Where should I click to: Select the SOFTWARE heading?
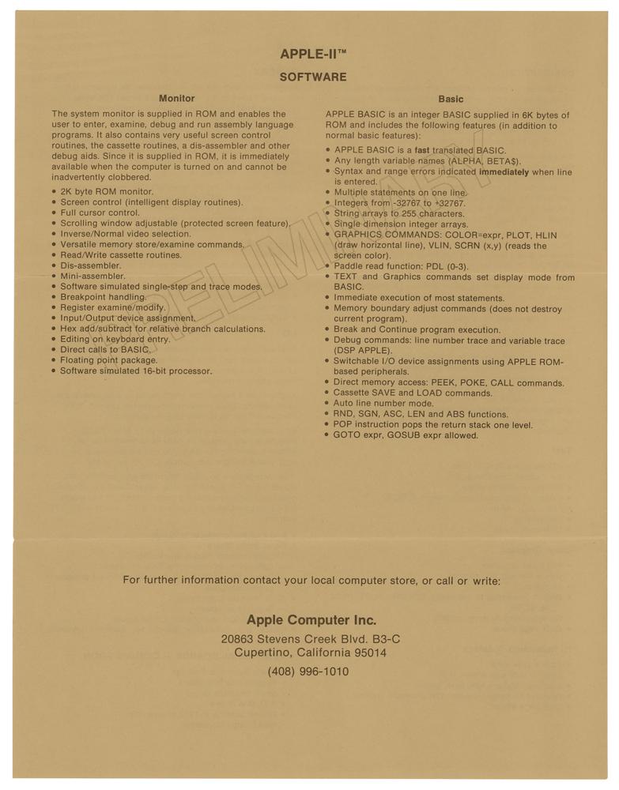[x=313, y=77]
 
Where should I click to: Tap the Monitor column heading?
[x=176, y=99]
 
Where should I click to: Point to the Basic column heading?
[x=451, y=100]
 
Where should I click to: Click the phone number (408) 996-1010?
[x=308, y=671]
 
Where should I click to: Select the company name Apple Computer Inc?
[x=311, y=620]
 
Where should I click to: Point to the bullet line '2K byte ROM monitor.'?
[x=107, y=191]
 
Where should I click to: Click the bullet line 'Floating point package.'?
[x=109, y=360]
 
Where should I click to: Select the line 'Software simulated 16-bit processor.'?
[x=136, y=371]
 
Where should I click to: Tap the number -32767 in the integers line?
[x=396, y=203]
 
